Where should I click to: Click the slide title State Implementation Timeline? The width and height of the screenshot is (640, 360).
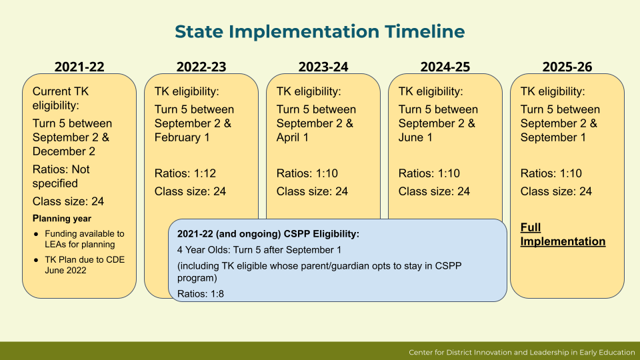319,31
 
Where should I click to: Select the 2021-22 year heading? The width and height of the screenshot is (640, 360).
79,67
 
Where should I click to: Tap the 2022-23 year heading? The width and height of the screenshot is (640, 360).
201,67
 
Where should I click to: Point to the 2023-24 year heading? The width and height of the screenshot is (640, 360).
323,67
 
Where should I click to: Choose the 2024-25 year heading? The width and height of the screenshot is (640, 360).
445,67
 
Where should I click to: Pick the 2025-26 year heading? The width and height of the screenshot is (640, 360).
567,67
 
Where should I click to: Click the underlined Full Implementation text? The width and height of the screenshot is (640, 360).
563,235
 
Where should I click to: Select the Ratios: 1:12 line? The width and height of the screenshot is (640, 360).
185,173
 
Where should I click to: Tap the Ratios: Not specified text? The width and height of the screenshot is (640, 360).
61,176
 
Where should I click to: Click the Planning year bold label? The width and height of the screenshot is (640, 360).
62,218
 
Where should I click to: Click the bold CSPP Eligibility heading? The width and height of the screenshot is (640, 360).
268,234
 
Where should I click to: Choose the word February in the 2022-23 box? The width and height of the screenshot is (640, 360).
177,137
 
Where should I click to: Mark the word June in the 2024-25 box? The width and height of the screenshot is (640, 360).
411,137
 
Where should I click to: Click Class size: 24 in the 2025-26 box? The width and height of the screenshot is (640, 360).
556,191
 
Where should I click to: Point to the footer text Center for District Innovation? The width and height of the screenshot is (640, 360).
522,352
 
